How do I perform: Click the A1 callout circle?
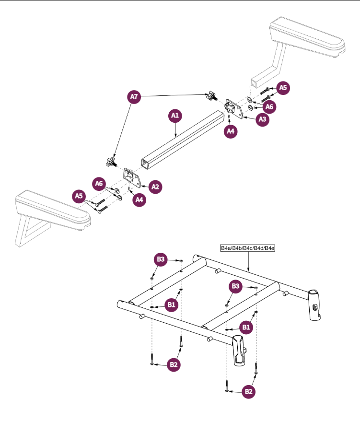pyautogui.click(x=175, y=116)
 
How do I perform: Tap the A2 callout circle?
pyautogui.click(x=155, y=187)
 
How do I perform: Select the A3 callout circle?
pyautogui.click(x=262, y=119)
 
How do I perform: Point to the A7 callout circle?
pyautogui.click(x=134, y=97)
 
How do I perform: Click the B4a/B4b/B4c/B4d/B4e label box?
pyautogui.click(x=248, y=248)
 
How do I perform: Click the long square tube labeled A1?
pyautogui.click(x=181, y=140)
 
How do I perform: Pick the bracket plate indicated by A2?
pyautogui.click(x=132, y=178)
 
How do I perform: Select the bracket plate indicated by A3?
pyautogui.click(x=234, y=109)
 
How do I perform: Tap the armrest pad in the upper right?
pyautogui.click(x=307, y=37)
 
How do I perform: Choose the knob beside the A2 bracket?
pyautogui.click(x=111, y=162)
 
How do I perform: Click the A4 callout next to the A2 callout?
pyautogui.click(x=139, y=199)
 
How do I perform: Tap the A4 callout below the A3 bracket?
pyautogui.click(x=231, y=131)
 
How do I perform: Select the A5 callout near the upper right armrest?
pyautogui.click(x=283, y=87)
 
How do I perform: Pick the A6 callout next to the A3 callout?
pyautogui.click(x=269, y=107)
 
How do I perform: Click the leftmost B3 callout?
pyautogui.click(x=161, y=259)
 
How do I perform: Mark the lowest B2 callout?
pyautogui.click(x=248, y=392)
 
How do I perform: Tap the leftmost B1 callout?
pyautogui.click(x=171, y=305)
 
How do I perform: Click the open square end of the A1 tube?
pyautogui.click(x=146, y=164)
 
